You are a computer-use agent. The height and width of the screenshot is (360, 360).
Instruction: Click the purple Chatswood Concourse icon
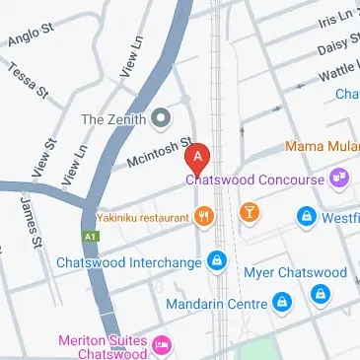tap(340, 179)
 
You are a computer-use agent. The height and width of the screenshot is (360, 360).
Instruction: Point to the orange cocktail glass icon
tap(250, 213)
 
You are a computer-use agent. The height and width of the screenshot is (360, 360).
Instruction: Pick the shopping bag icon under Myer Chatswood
tap(320, 294)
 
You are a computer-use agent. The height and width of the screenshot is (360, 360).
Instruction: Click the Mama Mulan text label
tap(322, 147)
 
